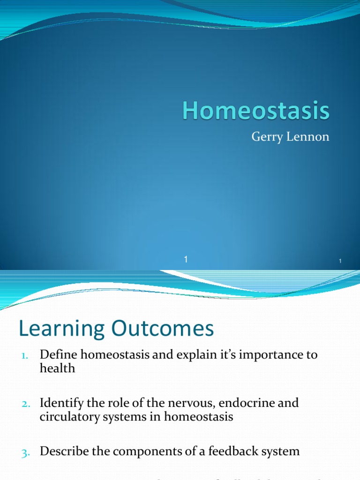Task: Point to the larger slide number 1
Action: (186, 259)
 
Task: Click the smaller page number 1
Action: (341, 261)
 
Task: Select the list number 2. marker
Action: (25, 404)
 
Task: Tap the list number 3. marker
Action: (25, 452)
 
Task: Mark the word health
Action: (57, 368)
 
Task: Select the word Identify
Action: (61, 403)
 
